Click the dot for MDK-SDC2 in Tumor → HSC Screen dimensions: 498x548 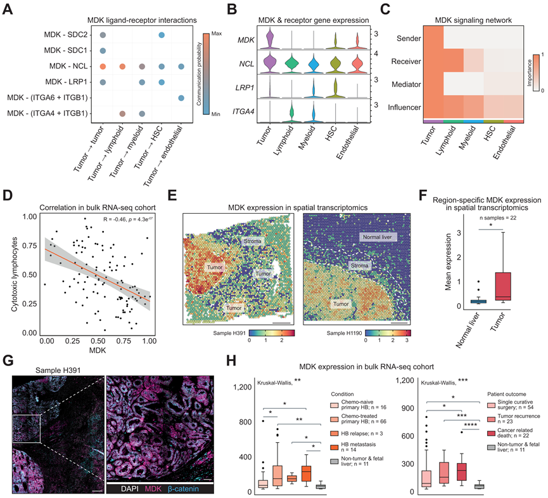click(x=162, y=35)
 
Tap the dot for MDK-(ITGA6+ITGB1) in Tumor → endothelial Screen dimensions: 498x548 click(x=181, y=98)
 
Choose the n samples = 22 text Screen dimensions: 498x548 click(x=495, y=219)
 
